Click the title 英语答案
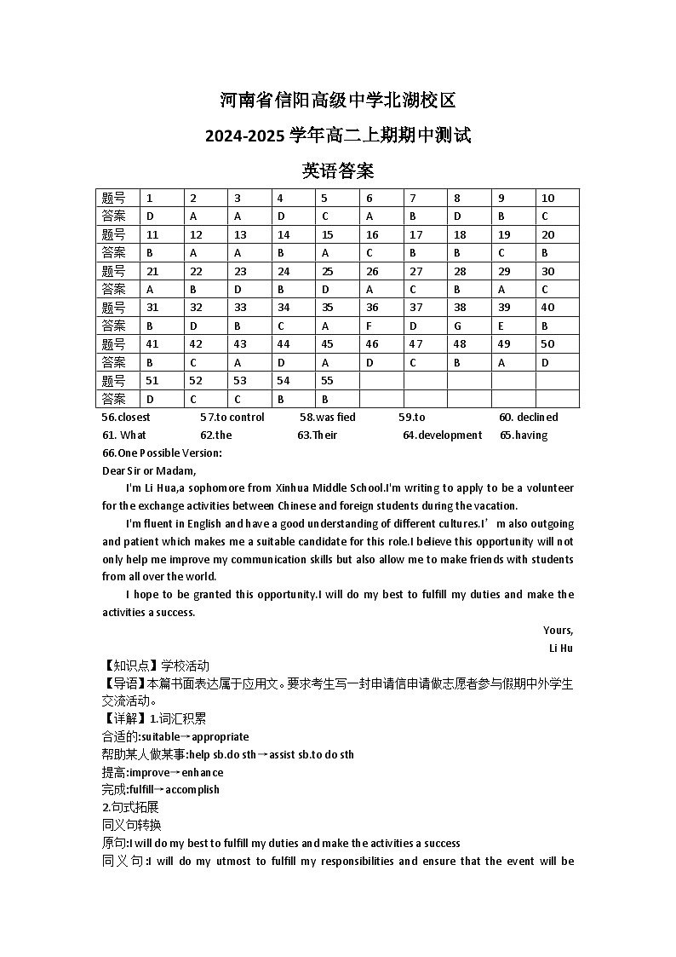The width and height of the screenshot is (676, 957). coord(338,170)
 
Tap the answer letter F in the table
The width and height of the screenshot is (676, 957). coord(370,326)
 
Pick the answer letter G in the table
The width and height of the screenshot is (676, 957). coord(457,326)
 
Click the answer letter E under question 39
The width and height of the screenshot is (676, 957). coord(501,326)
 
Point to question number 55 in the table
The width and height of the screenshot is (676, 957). coord(327,381)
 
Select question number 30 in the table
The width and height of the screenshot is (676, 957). coord(547,271)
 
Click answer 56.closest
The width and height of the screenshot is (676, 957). coord(126,417)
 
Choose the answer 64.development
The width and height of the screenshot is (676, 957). coord(442,435)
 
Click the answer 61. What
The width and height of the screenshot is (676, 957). coord(124,435)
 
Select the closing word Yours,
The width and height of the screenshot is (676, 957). coord(558,631)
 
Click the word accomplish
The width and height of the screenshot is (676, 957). coord(192,789)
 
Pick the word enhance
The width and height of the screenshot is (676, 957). coord(202,772)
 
